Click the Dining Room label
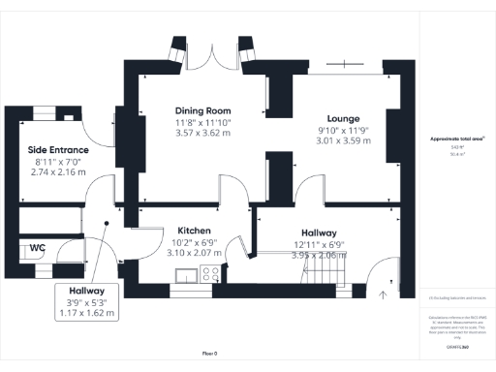coord(202,110)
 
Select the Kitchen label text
coord(194,231)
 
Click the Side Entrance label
coord(57,150)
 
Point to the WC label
coord(37,248)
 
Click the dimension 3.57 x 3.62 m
coord(202,134)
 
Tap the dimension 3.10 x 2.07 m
coord(194,253)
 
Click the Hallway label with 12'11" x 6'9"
coord(319,233)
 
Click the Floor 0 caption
coord(209,353)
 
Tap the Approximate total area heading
coord(457,139)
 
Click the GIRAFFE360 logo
coord(457,346)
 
